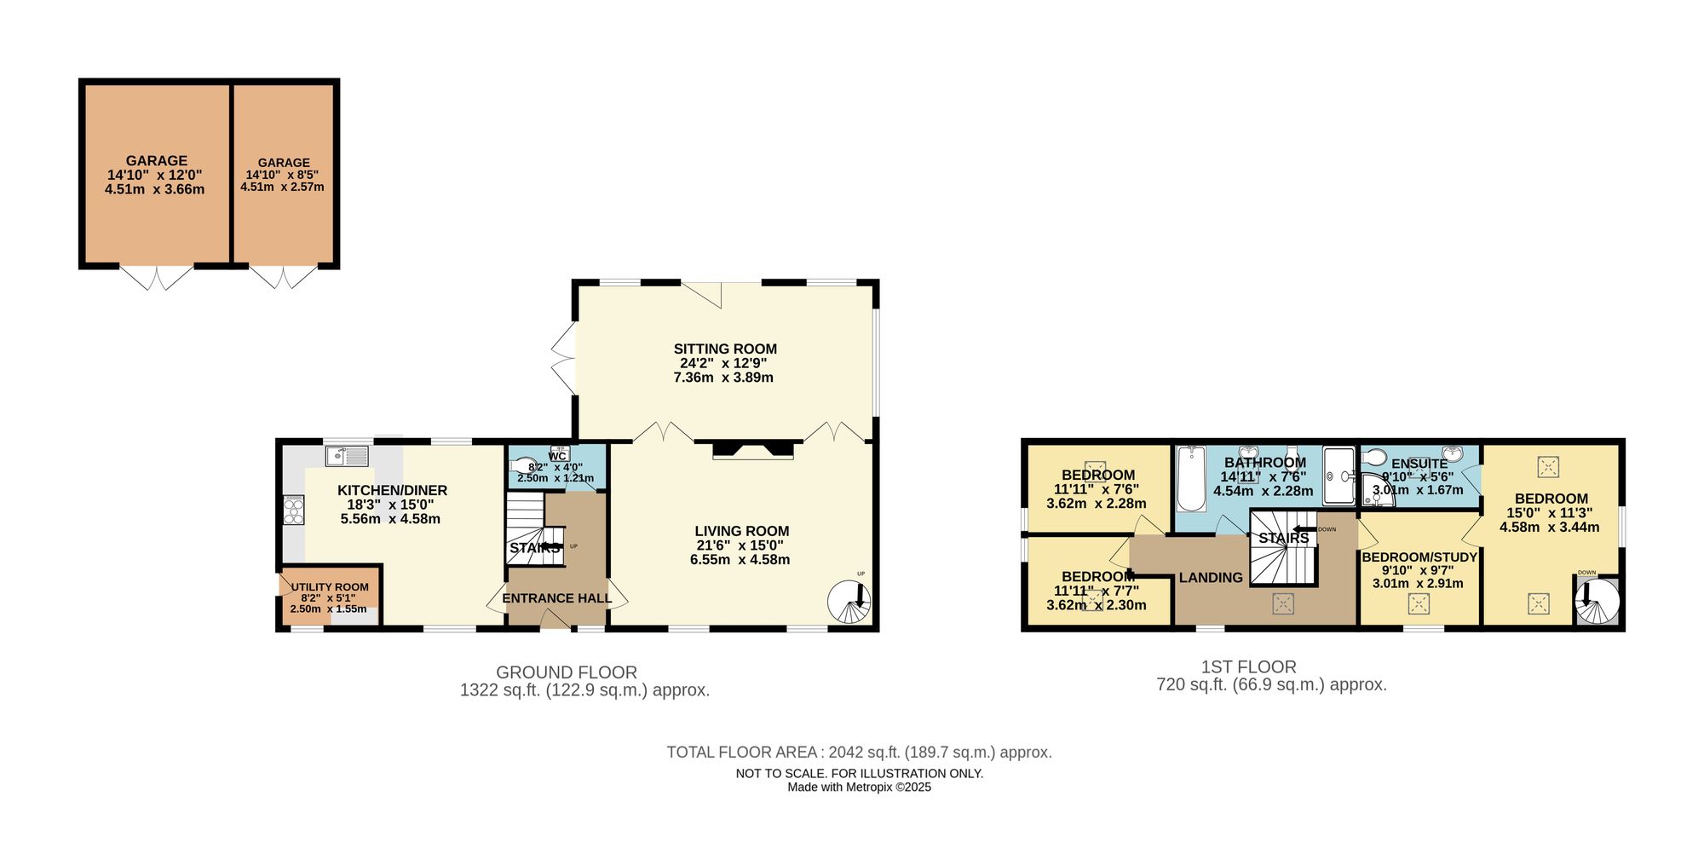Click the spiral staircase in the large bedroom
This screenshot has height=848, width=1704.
(x=1597, y=602)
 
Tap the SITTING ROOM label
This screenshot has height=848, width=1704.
(x=725, y=349)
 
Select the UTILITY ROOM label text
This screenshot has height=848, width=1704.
(x=330, y=587)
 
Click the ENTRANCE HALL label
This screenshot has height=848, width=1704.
(x=556, y=598)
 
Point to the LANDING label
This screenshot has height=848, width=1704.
(x=1211, y=578)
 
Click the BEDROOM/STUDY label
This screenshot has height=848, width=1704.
(x=1419, y=557)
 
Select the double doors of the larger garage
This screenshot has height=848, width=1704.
(x=157, y=277)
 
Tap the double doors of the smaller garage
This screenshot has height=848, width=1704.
(x=283, y=277)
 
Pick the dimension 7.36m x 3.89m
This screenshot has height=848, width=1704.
(x=723, y=378)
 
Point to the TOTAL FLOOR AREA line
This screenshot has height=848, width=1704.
(x=859, y=753)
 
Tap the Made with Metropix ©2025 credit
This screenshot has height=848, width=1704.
(x=859, y=787)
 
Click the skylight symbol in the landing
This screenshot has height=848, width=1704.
(x=1283, y=604)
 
